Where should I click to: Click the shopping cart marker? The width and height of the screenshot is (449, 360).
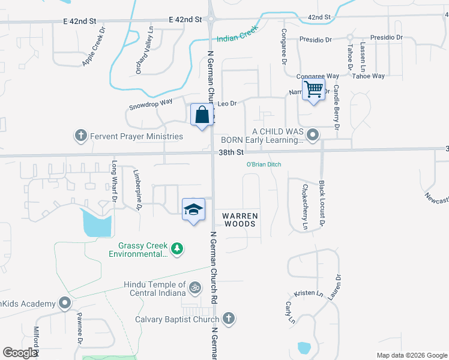tap(314, 90)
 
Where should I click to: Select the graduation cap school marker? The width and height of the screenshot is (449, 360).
tap(193, 209)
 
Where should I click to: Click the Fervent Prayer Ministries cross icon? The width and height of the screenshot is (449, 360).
tap(81, 136)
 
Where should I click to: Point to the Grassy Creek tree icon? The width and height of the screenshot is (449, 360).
tap(176, 248)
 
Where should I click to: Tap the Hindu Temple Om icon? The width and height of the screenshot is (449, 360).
tap(194, 289)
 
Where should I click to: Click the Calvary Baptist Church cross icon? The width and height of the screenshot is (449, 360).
tap(228, 319)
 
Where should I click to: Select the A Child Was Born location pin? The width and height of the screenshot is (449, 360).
tap(312, 135)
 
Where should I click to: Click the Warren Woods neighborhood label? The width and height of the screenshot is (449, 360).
tap(240, 220)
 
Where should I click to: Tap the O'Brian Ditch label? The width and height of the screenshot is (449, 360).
tap(264, 164)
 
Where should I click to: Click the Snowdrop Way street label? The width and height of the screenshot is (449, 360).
tap(150, 103)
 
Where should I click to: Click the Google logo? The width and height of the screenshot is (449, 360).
tap(20, 353)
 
